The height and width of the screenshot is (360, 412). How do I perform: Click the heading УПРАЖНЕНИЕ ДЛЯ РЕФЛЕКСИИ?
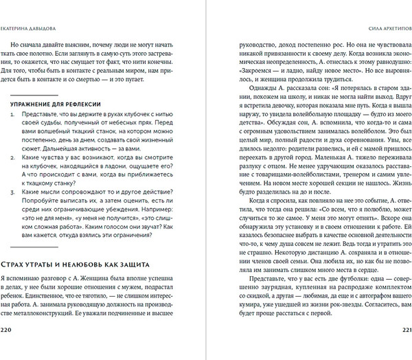pyautogui.click(x=54, y=102)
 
